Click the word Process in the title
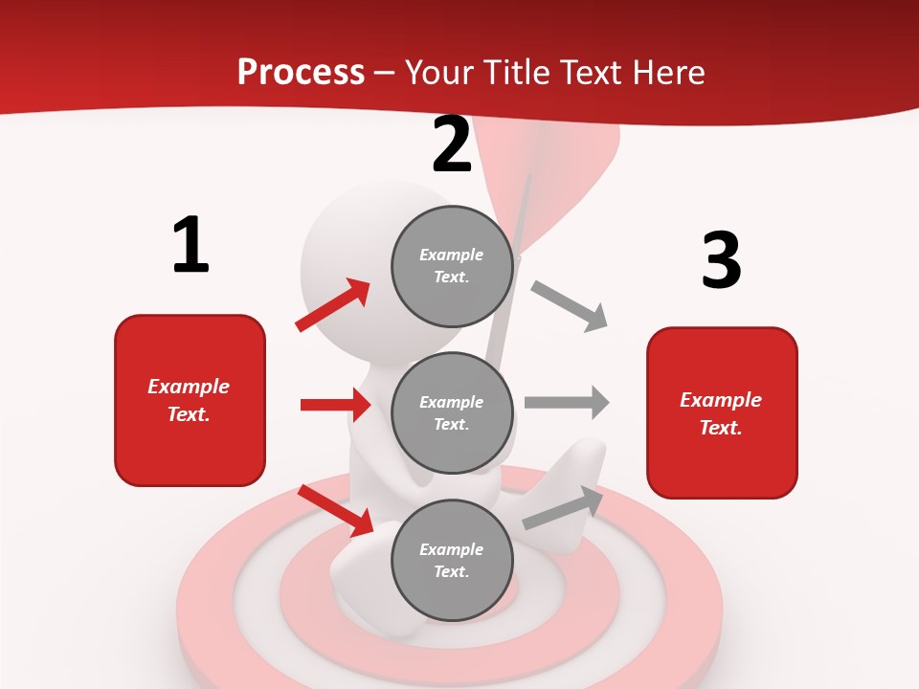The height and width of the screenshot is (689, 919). pyautogui.click(x=301, y=72)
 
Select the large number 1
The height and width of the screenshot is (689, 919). pyautogui.click(x=191, y=245)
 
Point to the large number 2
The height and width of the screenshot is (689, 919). pyautogui.click(x=452, y=145)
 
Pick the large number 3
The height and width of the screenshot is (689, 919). pyautogui.click(x=721, y=260)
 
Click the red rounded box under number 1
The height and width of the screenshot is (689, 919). pyautogui.click(x=190, y=400)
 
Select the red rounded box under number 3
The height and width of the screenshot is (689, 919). pyautogui.click(x=722, y=412)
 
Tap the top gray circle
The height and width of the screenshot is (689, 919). pyautogui.click(x=452, y=266)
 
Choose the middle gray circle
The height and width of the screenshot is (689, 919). pyautogui.click(x=452, y=412)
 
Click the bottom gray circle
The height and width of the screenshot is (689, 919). pyautogui.click(x=452, y=560)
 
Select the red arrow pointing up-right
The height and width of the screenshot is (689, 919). pyautogui.click(x=333, y=304)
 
